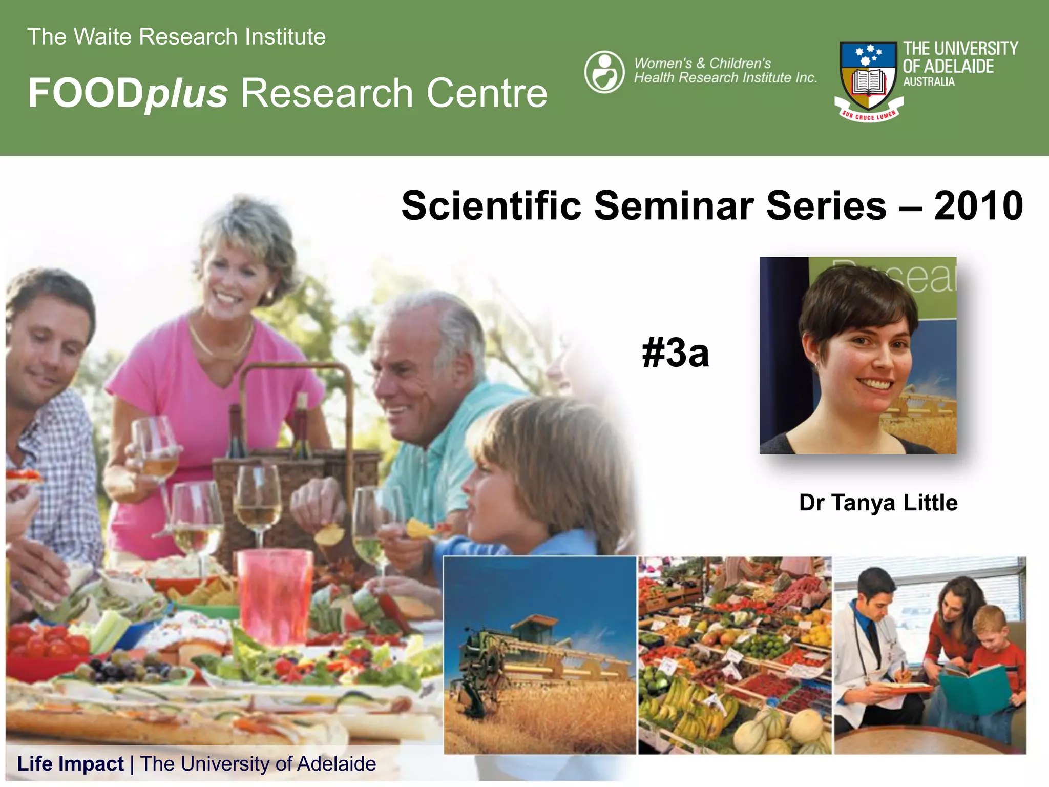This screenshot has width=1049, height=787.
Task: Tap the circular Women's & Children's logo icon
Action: point(604,72)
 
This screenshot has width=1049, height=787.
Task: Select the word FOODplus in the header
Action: point(128,93)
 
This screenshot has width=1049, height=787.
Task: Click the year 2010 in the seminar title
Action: point(978,206)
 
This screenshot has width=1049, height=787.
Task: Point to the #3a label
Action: point(675,354)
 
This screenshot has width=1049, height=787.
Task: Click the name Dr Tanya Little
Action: point(878,503)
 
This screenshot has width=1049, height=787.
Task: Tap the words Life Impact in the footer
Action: point(70,764)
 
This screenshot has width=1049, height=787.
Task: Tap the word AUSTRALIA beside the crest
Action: point(929,82)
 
